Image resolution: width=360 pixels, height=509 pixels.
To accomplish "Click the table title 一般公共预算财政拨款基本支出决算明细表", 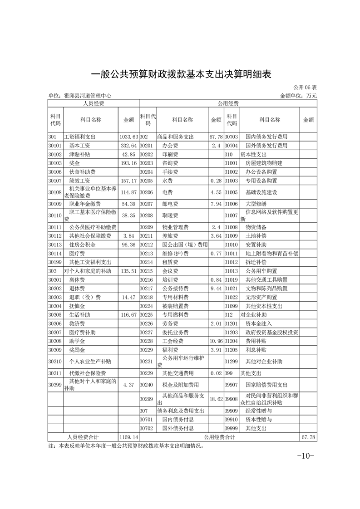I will click(181, 74).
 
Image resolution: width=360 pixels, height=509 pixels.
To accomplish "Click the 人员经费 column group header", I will click(93, 103).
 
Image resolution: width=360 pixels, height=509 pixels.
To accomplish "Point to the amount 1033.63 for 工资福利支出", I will click(128, 137).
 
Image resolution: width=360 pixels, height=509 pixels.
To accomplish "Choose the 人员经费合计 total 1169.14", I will click(128, 437).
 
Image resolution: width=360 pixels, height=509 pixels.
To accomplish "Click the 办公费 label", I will click(170, 146).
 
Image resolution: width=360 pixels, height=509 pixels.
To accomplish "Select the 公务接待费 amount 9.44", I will click(215, 289).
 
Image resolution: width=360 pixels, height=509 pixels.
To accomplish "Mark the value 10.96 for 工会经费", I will click(214, 341).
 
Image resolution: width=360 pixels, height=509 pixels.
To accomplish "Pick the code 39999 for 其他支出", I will click(231, 428).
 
